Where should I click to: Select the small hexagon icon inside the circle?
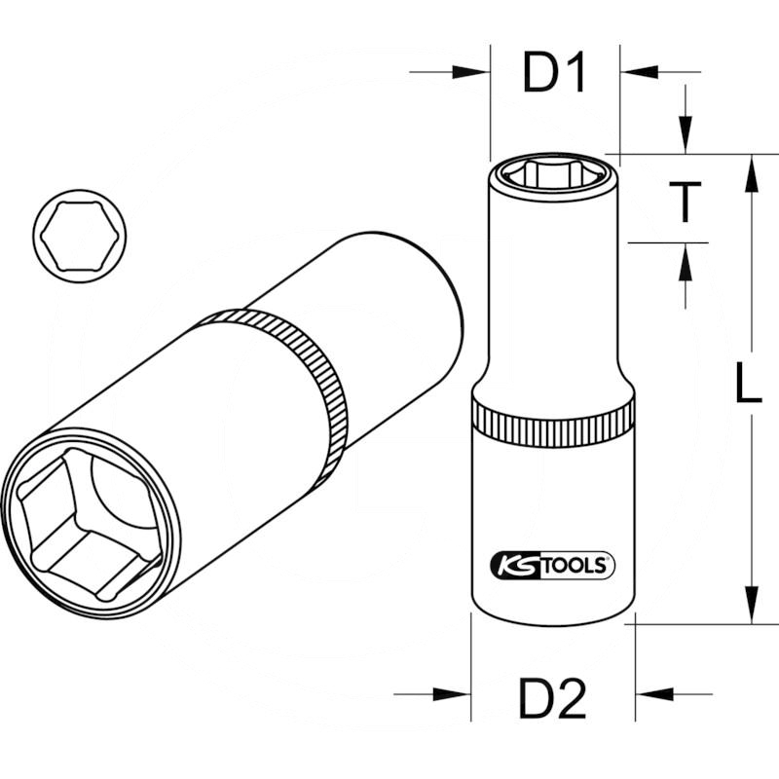click(x=79, y=236)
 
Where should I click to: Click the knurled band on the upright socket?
click(x=552, y=422)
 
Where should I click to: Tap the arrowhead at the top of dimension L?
click(x=751, y=175)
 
